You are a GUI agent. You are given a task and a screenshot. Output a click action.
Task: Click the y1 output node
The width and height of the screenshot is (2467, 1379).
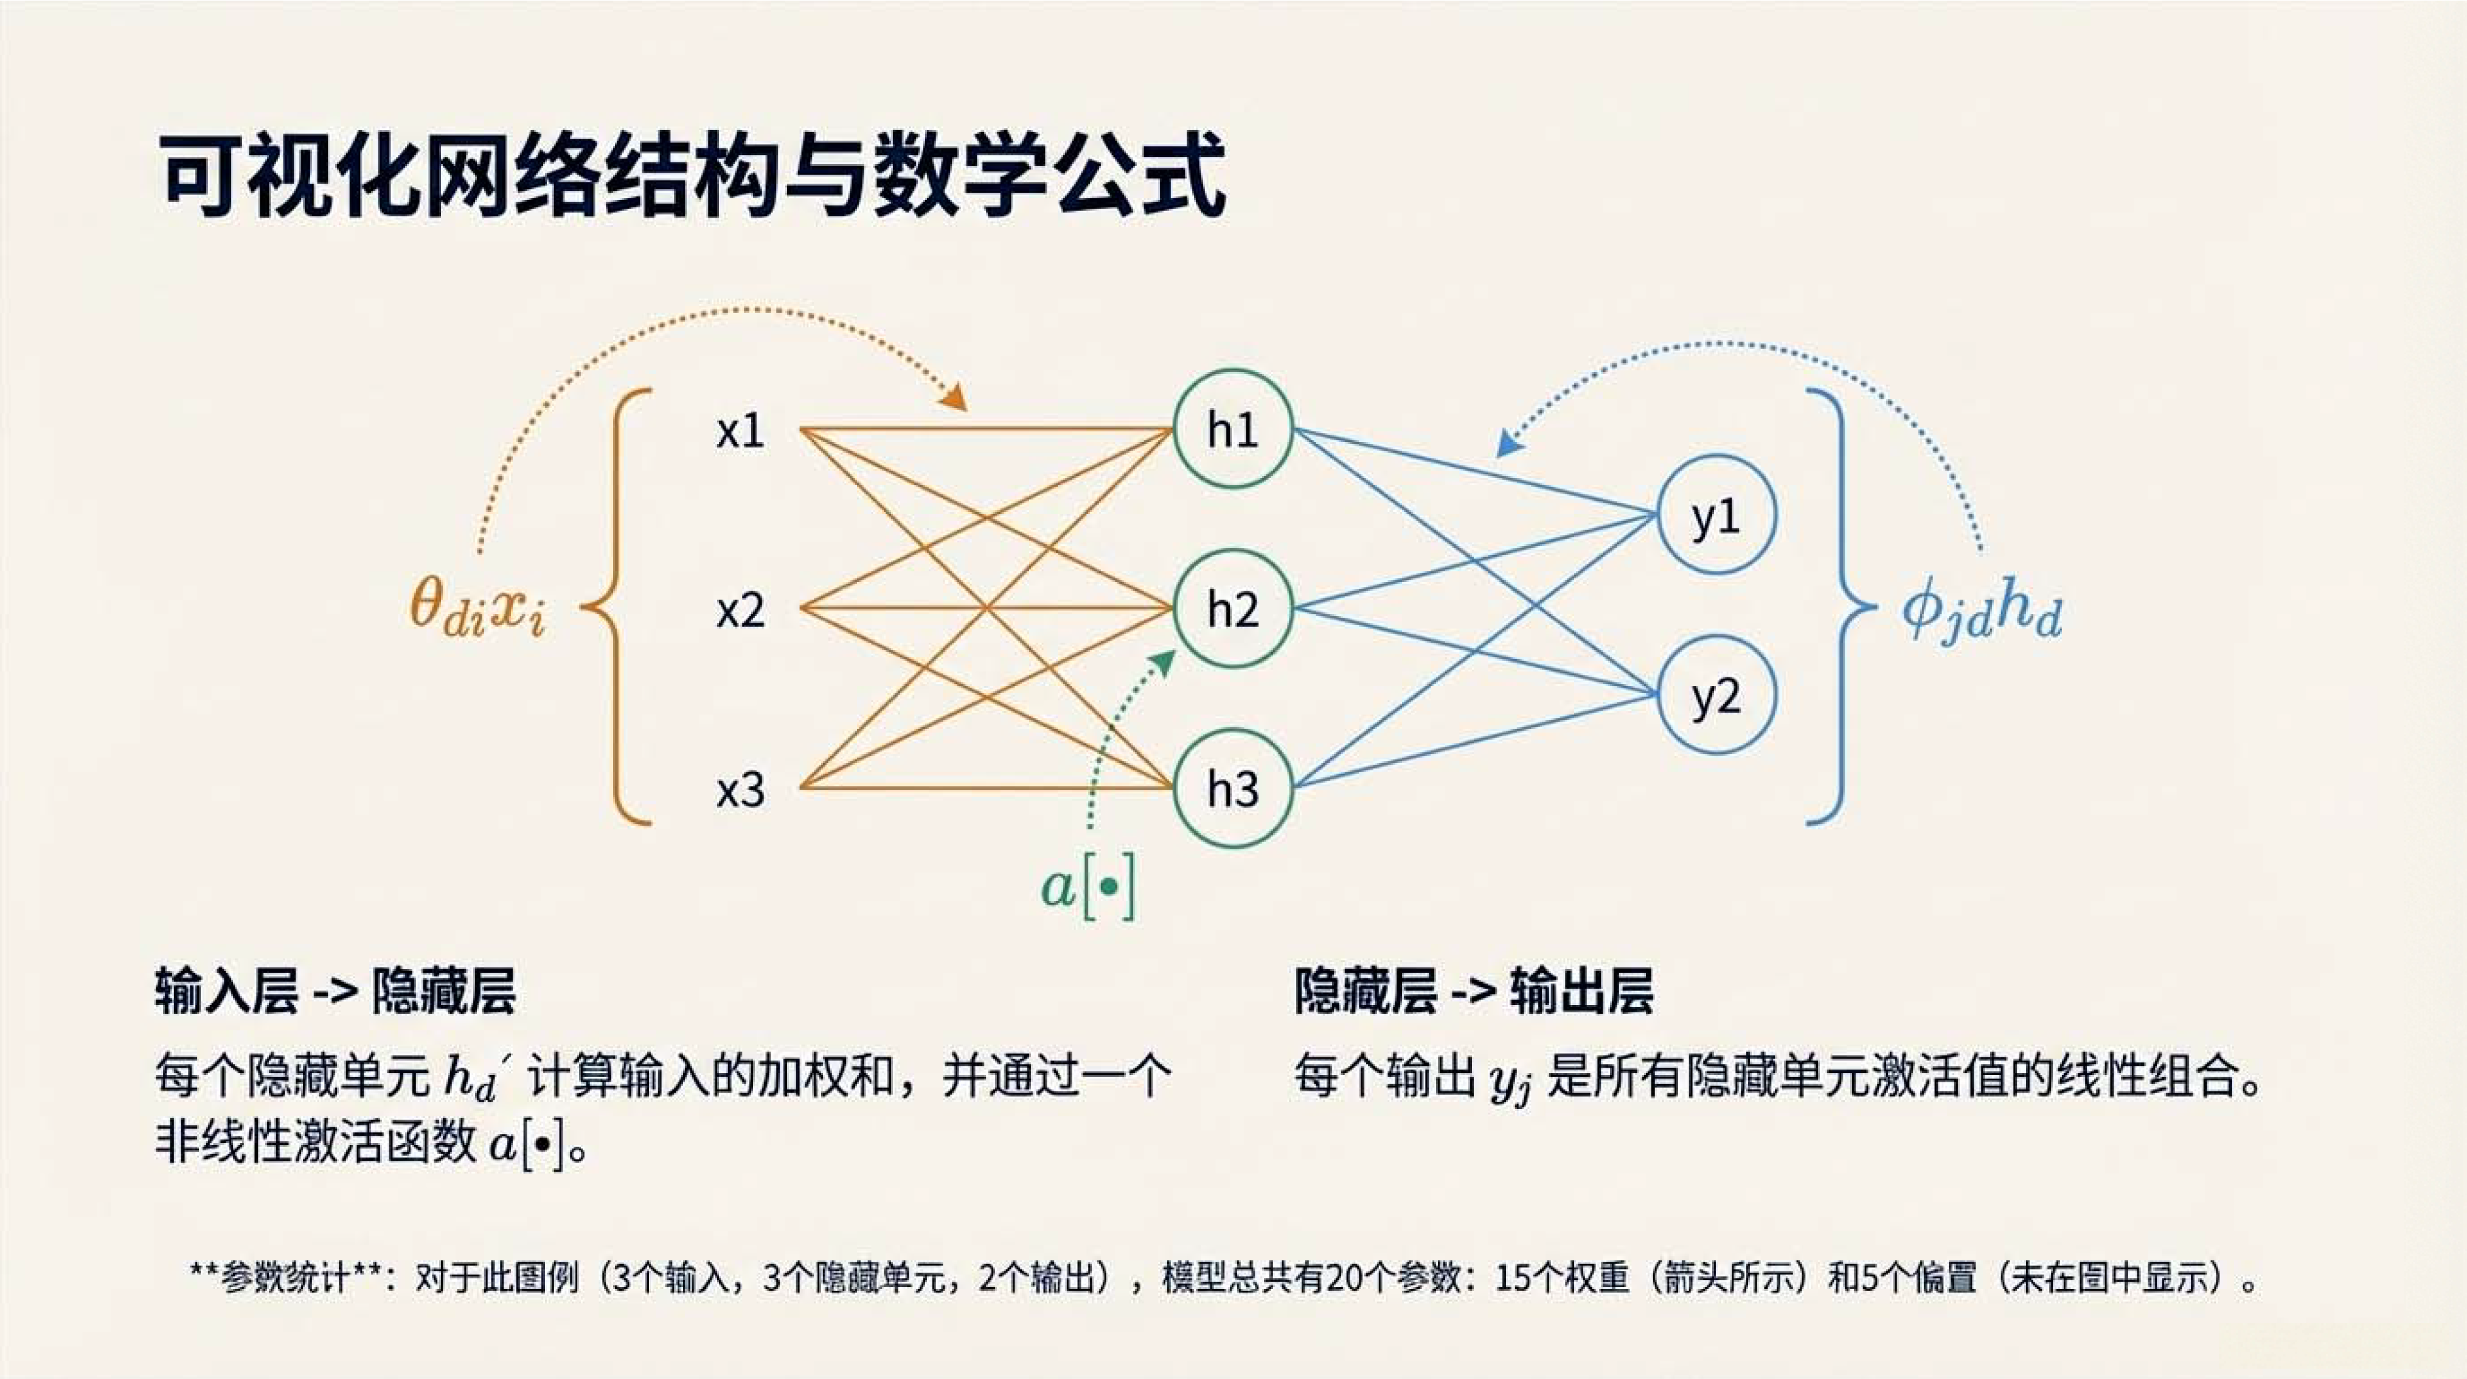pyautogui.click(x=1716, y=514)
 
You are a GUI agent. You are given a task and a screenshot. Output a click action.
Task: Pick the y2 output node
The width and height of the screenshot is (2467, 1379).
pyautogui.click(x=1716, y=695)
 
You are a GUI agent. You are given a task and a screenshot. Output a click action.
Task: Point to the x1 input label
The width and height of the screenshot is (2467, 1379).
pyautogui.click(x=740, y=431)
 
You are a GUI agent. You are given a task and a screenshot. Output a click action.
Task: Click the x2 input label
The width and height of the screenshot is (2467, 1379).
pyautogui.click(x=740, y=610)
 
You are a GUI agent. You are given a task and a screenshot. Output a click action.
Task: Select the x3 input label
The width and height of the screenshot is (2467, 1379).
pyautogui.click(x=740, y=790)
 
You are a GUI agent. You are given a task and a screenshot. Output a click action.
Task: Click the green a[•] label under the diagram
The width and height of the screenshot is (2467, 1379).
pyautogui.click(x=1088, y=889)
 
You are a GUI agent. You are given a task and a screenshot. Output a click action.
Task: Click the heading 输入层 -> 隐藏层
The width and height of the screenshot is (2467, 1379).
pyautogui.click(x=335, y=991)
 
